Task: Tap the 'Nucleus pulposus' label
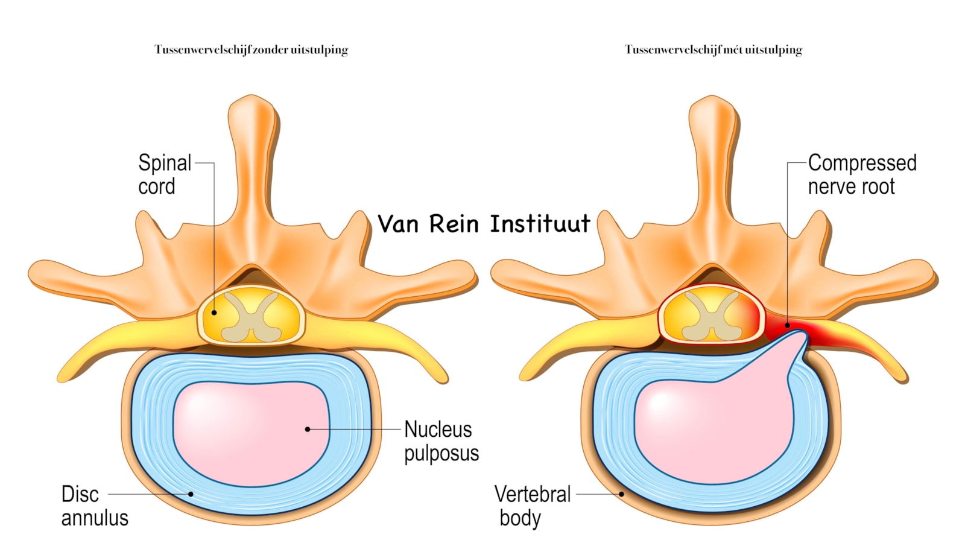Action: coord(441,441)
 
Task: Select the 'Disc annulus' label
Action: coord(95,506)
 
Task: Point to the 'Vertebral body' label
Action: coord(532,506)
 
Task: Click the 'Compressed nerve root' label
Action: coord(862,174)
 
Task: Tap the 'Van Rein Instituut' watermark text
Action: coord(484,224)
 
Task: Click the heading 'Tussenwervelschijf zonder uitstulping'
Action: coord(251,49)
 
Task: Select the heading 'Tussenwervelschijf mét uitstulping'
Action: coord(713,49)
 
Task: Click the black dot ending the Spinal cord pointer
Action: coord(214,313)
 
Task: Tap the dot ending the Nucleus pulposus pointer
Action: coord(308,429)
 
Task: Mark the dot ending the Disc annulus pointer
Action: coord(191,494)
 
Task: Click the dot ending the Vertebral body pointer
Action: coord(621,494)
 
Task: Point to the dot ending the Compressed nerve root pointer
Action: coord(788,325)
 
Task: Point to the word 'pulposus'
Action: coord(441,454)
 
